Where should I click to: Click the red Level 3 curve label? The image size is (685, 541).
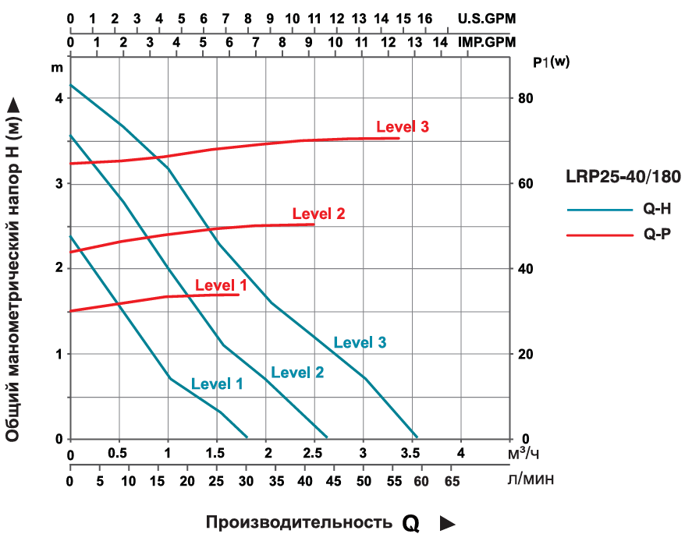tap(403, 127)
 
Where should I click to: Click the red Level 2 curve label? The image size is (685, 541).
tap(318, 214)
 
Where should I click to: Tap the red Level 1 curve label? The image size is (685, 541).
tap(221, 285)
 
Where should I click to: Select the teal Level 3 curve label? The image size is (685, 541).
tap(360, 342)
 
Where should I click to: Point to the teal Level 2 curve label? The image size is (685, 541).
tap(297, 372)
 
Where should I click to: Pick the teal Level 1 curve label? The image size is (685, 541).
tap(217, 384)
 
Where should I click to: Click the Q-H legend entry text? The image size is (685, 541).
tap(653, 209)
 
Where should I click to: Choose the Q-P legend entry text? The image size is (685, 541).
tap(653, 234)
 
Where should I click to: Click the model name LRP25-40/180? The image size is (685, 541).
tap(623, 178)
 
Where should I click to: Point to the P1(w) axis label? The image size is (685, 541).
tap(552, 63)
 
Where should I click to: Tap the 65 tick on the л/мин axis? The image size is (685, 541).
tap(452, 481)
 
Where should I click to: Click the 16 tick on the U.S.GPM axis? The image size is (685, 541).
tap(425, 17)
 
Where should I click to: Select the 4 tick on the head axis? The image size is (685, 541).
tap(58, 98)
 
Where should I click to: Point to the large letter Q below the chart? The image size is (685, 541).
tap(411, 523)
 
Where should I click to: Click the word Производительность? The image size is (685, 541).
tap(298, 522)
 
